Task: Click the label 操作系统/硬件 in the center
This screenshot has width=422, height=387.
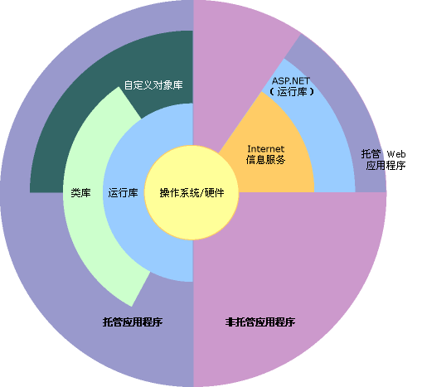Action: tap(192, 192)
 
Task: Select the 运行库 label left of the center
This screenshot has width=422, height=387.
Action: tap(123, 192)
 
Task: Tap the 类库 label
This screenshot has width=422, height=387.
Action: tap(80, 192)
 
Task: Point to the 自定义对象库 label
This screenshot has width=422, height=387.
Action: tap(153, 85)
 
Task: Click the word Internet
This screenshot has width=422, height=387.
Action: tap(265, 148)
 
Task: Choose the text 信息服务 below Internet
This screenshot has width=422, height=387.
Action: tap(265, 159)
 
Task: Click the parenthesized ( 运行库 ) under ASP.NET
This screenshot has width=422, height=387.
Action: tap(293, 92)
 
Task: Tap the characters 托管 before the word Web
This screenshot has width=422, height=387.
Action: tap(371, 154)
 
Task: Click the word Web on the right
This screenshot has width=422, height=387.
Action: tap(395, 154)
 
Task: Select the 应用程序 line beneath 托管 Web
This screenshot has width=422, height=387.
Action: tap(386, 166)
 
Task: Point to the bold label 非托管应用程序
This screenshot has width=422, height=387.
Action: tap(260, 322)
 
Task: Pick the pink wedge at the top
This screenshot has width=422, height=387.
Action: tap(232, 50)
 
